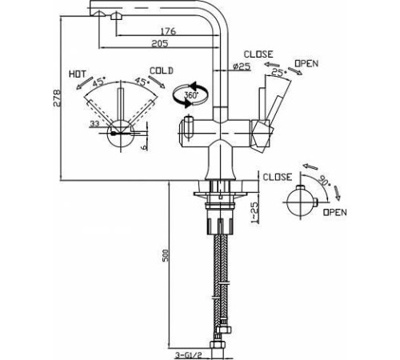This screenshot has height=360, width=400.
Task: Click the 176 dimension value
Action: click(x=168, y=31)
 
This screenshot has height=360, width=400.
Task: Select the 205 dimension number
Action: click(x=160, y=43)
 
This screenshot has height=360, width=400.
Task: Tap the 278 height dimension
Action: click(x=57, y=98)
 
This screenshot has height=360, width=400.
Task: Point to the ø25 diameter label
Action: click(x=242, y=66)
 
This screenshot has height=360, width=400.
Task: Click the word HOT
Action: click(x=78, y=74)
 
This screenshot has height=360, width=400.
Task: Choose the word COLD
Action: click(x=162, y=70)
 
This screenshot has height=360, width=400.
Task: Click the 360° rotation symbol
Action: click(x=190, y=94)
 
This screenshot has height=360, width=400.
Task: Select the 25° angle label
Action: click(x=279, y=71)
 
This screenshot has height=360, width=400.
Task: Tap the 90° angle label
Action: click(x=323, y=182)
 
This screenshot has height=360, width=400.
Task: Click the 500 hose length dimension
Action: click(x=165, y=255)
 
